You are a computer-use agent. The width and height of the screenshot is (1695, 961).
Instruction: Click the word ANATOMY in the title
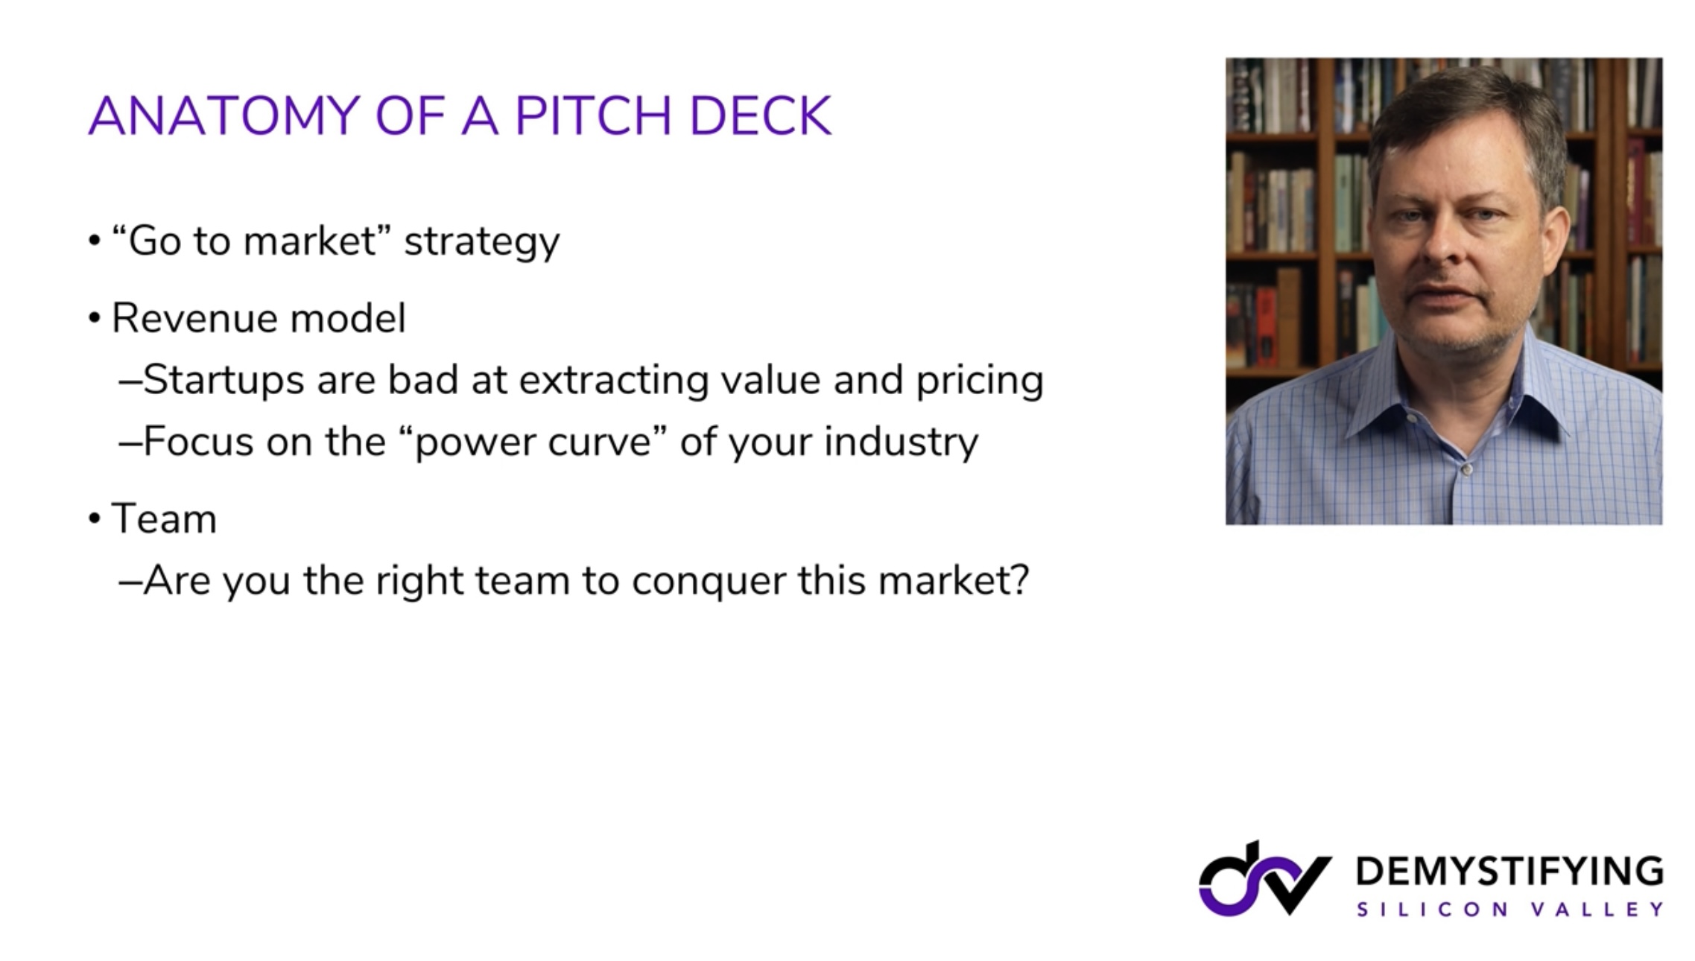(224, 116)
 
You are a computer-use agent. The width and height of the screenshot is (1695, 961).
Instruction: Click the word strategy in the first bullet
(481, 242)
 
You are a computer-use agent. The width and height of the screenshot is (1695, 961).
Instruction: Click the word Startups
(224, 381)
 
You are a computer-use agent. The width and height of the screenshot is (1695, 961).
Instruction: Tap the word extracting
(613, 381)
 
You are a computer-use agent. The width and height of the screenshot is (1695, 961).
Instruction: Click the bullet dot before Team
(94, 518)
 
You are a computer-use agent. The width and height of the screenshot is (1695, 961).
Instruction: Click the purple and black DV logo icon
(1264, 879)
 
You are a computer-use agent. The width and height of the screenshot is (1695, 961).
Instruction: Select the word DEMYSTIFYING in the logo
(1509, 871)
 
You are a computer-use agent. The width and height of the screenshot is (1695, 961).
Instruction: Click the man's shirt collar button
(1466, 470)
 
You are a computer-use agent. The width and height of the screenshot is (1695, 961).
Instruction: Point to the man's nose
(1442, 246)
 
